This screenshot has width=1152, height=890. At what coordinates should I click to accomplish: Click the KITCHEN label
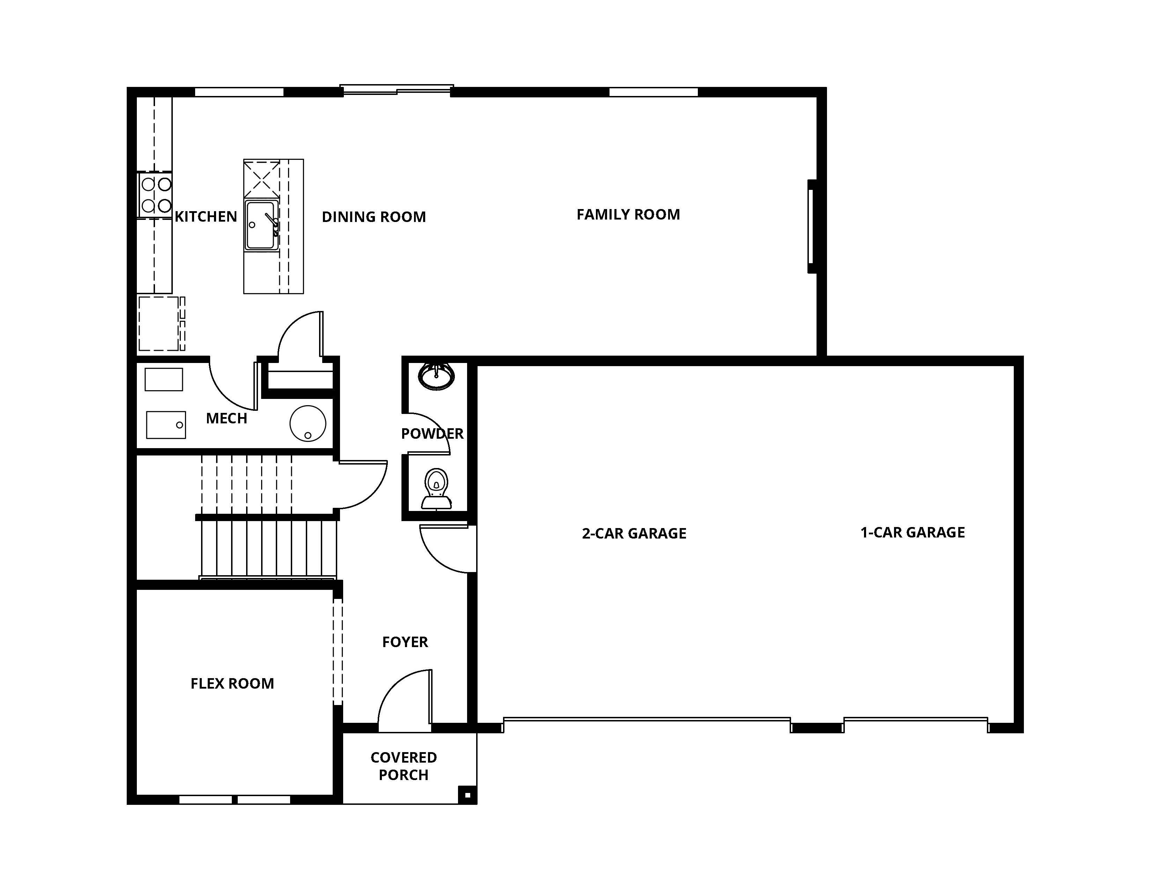[206, 217]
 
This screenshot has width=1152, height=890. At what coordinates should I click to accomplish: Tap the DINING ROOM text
[374, 217]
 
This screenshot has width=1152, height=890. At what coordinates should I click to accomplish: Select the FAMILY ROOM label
[628, 215]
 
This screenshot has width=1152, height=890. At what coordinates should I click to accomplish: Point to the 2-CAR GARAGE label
[634, 534]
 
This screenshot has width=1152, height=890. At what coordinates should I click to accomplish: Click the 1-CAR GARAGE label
[912, 533]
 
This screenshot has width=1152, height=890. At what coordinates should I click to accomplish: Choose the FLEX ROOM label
[232, 683]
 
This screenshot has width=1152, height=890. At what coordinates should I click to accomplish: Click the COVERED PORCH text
[404, 766]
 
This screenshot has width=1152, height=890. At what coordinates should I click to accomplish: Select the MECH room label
[226, 418]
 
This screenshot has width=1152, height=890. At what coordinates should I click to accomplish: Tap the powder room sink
[436, 376]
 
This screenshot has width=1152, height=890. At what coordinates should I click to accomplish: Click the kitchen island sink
[261, 225]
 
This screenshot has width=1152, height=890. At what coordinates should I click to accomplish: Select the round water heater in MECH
[308, 423]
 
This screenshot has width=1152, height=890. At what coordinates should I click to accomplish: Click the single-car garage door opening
[915, 721]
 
